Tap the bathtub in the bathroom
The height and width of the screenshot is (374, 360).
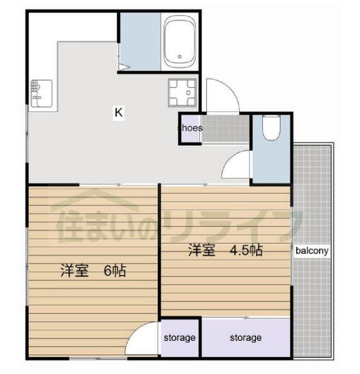(x=180, y=41)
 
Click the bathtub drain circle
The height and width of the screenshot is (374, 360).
(x=180, y=57)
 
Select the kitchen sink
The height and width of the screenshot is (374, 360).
(x=41, y=93)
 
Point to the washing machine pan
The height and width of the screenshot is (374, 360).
(x=182, y=92)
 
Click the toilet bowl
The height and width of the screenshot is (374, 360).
(x=271, y=128)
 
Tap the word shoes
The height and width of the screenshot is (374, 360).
(x=190, y=128)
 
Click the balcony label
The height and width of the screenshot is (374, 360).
(x=312, y=251)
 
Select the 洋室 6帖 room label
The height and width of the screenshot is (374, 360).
(x=93, y=270)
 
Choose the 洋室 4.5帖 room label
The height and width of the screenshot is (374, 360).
(x=225, y=250)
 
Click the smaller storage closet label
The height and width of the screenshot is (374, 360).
(x=179, y=338)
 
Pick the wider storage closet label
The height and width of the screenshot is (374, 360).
(x=245, y=338)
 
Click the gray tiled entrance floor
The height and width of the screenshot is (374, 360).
(x=225, y=129)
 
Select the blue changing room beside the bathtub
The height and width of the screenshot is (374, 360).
(x=140, y=41)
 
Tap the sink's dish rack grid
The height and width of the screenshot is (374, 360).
(x=35, y=85)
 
